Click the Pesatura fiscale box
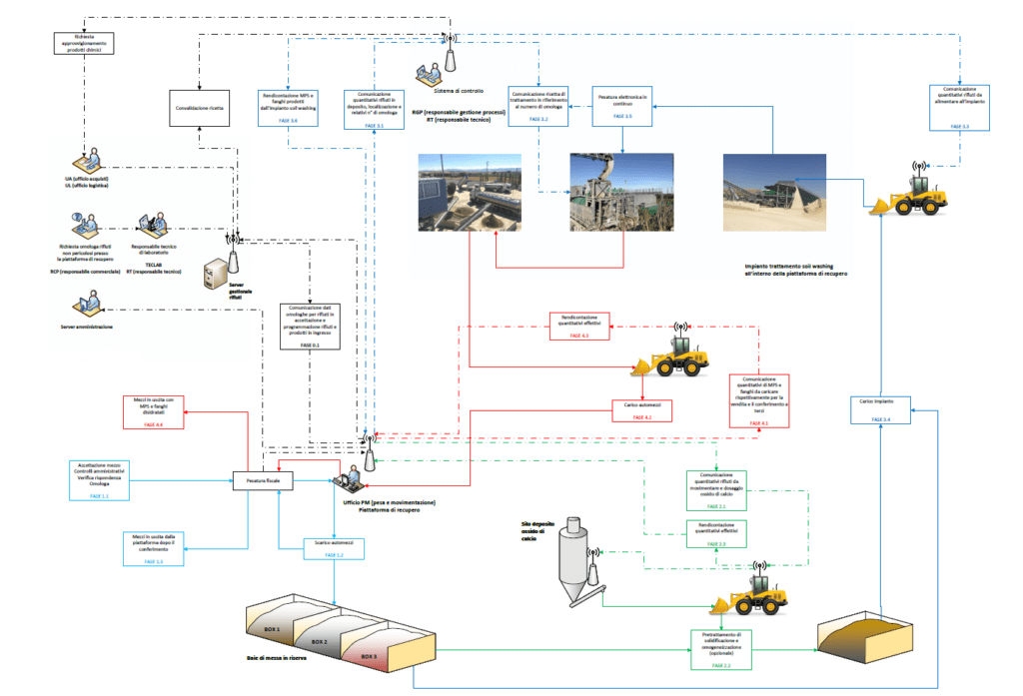click(x=261, y=481)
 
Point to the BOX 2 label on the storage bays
click(x=318, y=642)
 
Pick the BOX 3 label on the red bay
click(x=370, y=656)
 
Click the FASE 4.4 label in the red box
click(x=157, y=425)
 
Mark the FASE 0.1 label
click(x=309, y=345)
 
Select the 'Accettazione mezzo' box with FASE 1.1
click(x=98, y=480)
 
